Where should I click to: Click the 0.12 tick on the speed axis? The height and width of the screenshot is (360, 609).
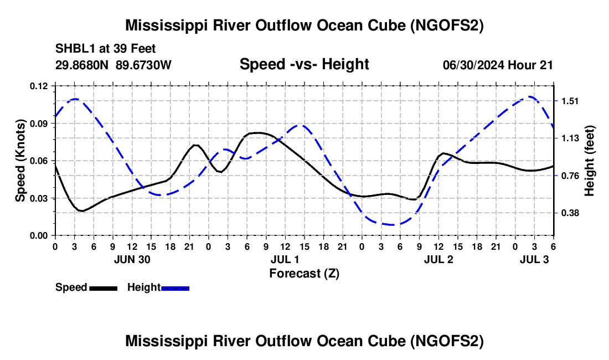(x=40, y=86)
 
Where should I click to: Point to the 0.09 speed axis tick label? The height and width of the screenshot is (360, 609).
(x=40, y=124)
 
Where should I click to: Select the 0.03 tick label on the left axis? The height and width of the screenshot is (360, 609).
(x=40, y=198)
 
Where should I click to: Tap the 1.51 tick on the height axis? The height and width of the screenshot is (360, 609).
(x=570, y=101)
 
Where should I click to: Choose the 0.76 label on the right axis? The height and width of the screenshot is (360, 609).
(x=570, y=176)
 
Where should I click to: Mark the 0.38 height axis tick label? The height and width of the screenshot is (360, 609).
(x=570, y=213)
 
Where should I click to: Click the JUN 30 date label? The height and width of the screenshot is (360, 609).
(x=132, y=259)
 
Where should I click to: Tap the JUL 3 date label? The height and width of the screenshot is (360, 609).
(x=535, y=259)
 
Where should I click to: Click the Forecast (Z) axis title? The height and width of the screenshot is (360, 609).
(x=304, y=273)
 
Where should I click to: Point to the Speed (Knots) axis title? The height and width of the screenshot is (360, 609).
(x=20, y=160)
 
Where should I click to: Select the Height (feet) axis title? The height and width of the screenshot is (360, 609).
(x=589, y=160)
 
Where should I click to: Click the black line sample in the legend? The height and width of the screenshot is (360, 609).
(x=103, y=288)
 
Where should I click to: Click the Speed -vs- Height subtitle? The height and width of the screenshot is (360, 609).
(x=304, y=64)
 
